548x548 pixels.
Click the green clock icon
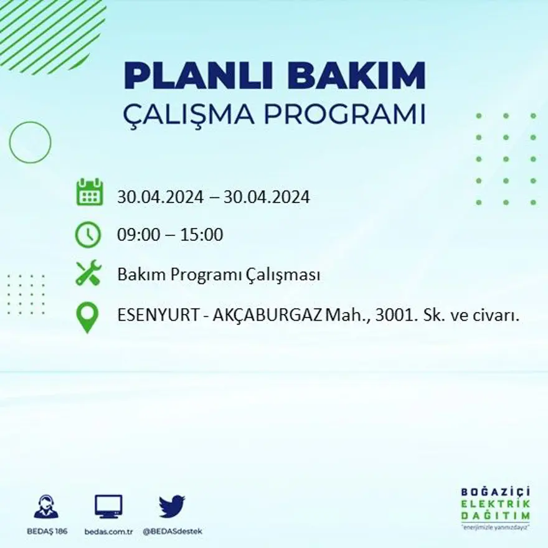point(88,235)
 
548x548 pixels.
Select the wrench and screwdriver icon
point(88,274)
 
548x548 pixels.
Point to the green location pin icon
point(88,316)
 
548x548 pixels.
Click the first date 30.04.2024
point(160,197)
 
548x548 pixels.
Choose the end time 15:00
point(202,235)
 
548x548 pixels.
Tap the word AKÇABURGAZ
point(268,316)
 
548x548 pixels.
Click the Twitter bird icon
point(171,506)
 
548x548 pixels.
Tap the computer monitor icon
point(108,506)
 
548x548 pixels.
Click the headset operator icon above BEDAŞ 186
point(46,506)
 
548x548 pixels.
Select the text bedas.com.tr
point(109,531)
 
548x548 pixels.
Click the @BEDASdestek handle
point(172,531)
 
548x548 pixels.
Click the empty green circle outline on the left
point(30,143)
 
